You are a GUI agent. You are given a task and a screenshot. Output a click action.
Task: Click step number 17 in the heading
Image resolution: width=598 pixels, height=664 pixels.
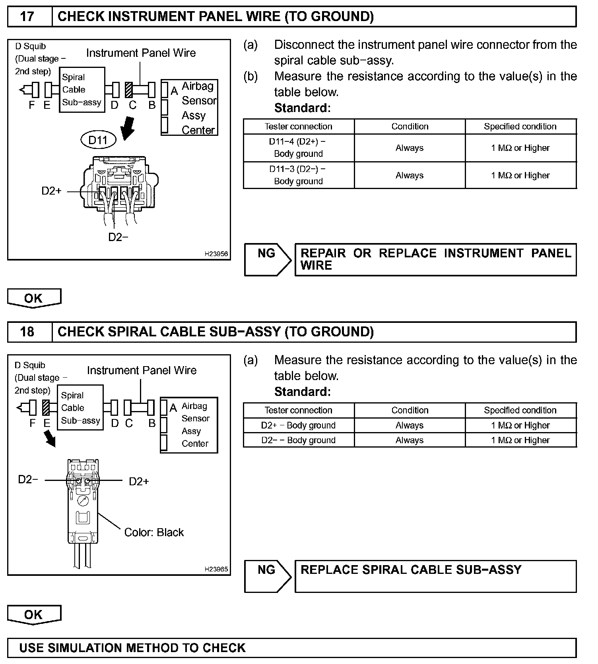[27, 17]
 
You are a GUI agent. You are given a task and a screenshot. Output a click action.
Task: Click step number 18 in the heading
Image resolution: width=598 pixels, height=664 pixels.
[27, 332]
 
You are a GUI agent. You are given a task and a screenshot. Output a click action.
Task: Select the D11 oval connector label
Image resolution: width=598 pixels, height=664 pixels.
[98, 140]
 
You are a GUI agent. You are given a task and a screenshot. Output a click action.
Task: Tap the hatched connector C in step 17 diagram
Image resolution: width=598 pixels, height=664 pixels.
[129, 90]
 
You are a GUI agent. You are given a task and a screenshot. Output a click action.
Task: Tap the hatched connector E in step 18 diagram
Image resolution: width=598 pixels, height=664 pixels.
[46, 407]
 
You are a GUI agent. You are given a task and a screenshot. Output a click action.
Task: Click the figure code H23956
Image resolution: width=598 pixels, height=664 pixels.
[216, 254]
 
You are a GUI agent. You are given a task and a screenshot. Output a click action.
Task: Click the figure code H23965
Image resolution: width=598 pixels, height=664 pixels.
[216, 569]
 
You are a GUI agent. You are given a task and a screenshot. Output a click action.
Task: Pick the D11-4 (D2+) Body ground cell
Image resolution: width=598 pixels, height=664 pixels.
[298, 148]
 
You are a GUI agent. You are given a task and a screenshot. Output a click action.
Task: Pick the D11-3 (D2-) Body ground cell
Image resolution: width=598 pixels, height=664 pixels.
[298, 175]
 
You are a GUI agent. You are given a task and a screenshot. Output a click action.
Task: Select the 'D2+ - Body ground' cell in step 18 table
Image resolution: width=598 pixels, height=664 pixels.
[298, 425]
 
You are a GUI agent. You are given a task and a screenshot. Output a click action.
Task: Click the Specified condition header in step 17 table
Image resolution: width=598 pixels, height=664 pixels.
[520, 127]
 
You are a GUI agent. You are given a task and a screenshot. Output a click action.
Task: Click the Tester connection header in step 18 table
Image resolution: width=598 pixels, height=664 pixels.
[298, 410]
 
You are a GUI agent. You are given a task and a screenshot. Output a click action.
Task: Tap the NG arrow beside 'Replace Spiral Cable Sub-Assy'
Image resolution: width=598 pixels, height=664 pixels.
[268, 576]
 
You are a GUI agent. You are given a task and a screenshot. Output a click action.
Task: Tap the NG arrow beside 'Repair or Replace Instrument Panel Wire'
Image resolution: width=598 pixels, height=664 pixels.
[268, 259]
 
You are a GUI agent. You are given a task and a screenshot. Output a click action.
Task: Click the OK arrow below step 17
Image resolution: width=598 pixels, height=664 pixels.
[34, 298]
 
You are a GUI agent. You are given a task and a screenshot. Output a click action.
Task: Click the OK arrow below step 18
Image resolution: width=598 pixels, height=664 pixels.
[34, 615]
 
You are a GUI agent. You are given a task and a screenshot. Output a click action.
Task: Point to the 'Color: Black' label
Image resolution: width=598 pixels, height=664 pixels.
[154, 532]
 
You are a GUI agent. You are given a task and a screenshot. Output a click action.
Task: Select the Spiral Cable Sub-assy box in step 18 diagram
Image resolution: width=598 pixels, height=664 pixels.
[80, 407]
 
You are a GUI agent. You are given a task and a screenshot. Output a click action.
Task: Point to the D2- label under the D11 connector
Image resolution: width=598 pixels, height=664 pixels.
[118, 237]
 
